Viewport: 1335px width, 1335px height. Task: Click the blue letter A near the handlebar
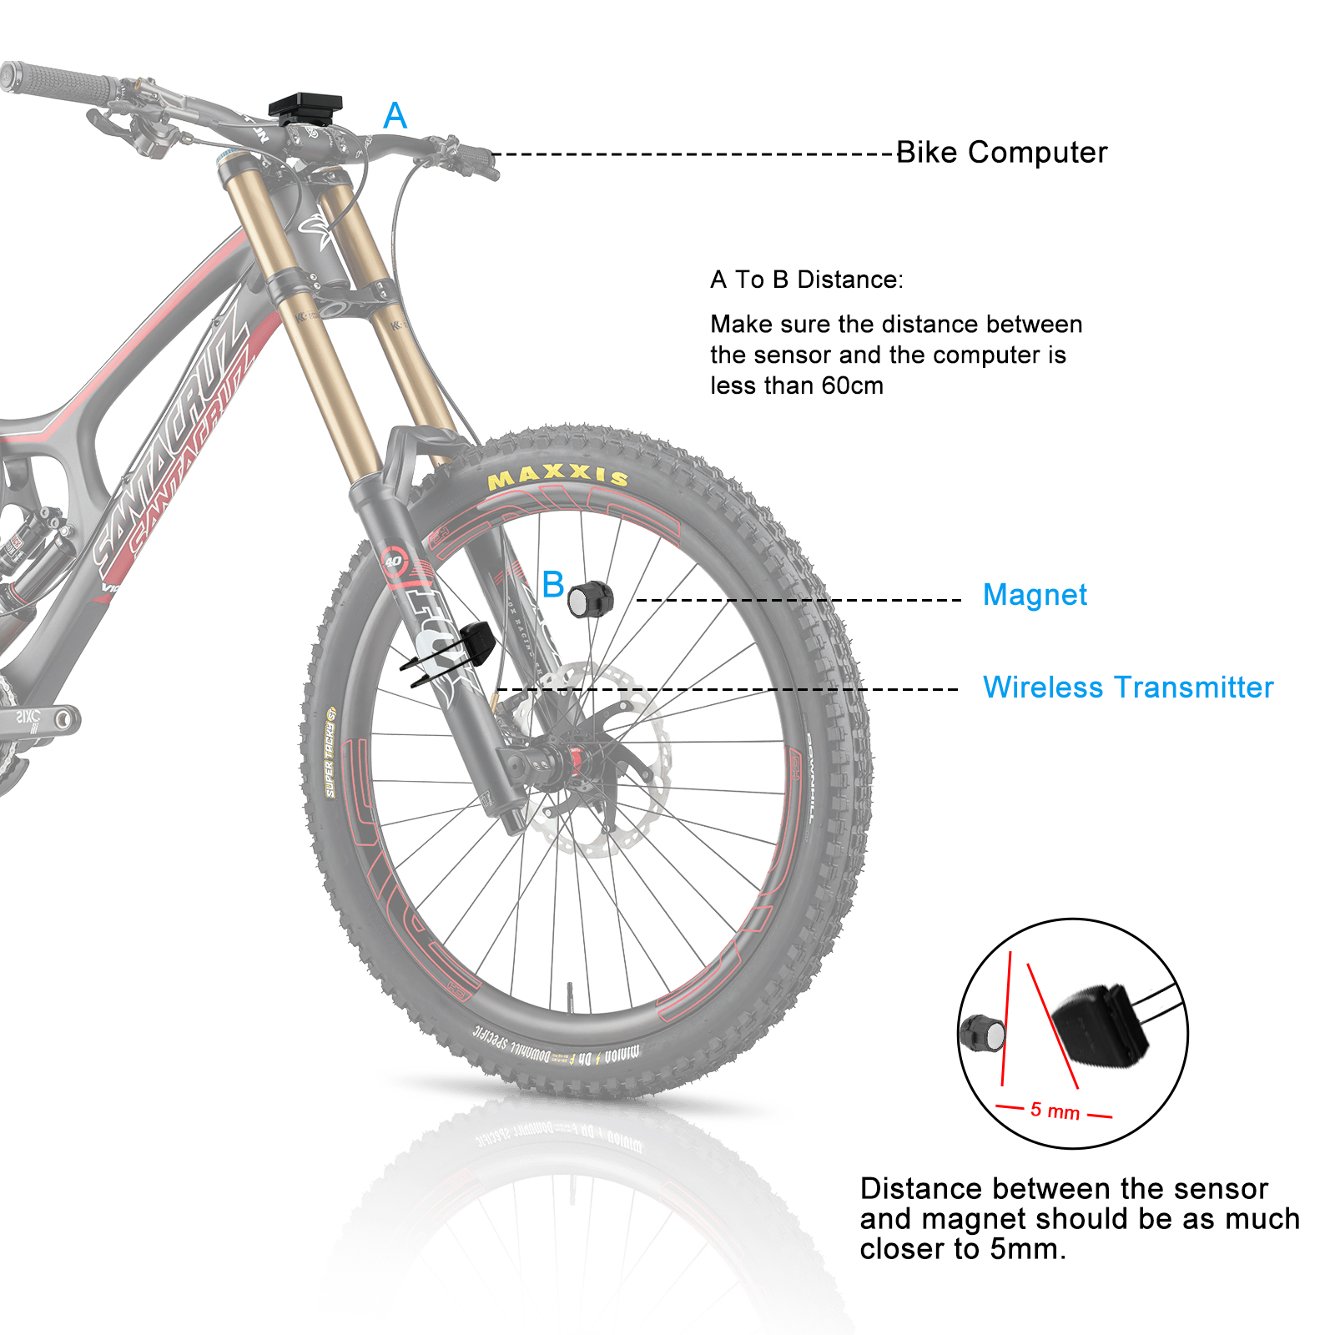(x=395, y=116)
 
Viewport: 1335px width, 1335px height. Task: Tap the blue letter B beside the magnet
(x=552, y=585)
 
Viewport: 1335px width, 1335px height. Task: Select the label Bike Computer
(x=1001, y=153)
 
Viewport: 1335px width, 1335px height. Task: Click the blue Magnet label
(x=1035, y=595)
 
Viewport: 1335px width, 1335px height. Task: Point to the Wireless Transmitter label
(x=1127, y=688)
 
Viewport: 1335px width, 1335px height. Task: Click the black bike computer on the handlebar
(x=305, y=107)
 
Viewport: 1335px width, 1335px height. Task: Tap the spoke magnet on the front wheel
(x=591, y=598)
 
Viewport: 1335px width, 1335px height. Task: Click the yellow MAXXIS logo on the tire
(x=557, y=476)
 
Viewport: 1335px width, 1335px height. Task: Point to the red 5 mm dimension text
(x=1055, y=1111)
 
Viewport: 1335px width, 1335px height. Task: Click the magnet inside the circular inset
(x=984, y=1033)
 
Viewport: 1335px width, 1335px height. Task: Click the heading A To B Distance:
(x=806, y=280)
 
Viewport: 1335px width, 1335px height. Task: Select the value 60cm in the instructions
(x=852, y=385)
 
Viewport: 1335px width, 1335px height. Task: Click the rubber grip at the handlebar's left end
(x=58, y=79)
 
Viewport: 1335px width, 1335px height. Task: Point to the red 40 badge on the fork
(x=393, y=561)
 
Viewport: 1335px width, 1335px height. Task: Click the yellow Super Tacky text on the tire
(x=330, y=752)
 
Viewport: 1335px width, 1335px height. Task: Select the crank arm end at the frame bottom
(x=60, y=718)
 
